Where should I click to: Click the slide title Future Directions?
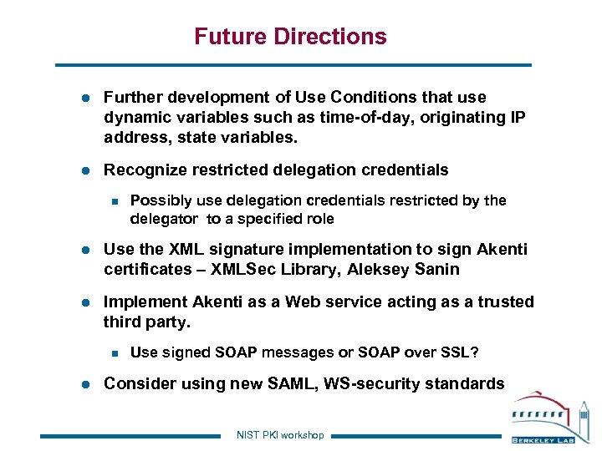290,37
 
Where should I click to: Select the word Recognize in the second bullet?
144,170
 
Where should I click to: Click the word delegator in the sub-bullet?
164,219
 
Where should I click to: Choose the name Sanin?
436,269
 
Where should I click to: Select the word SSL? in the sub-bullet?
462,352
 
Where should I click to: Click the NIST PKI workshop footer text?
280,435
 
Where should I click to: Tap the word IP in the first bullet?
517,118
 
